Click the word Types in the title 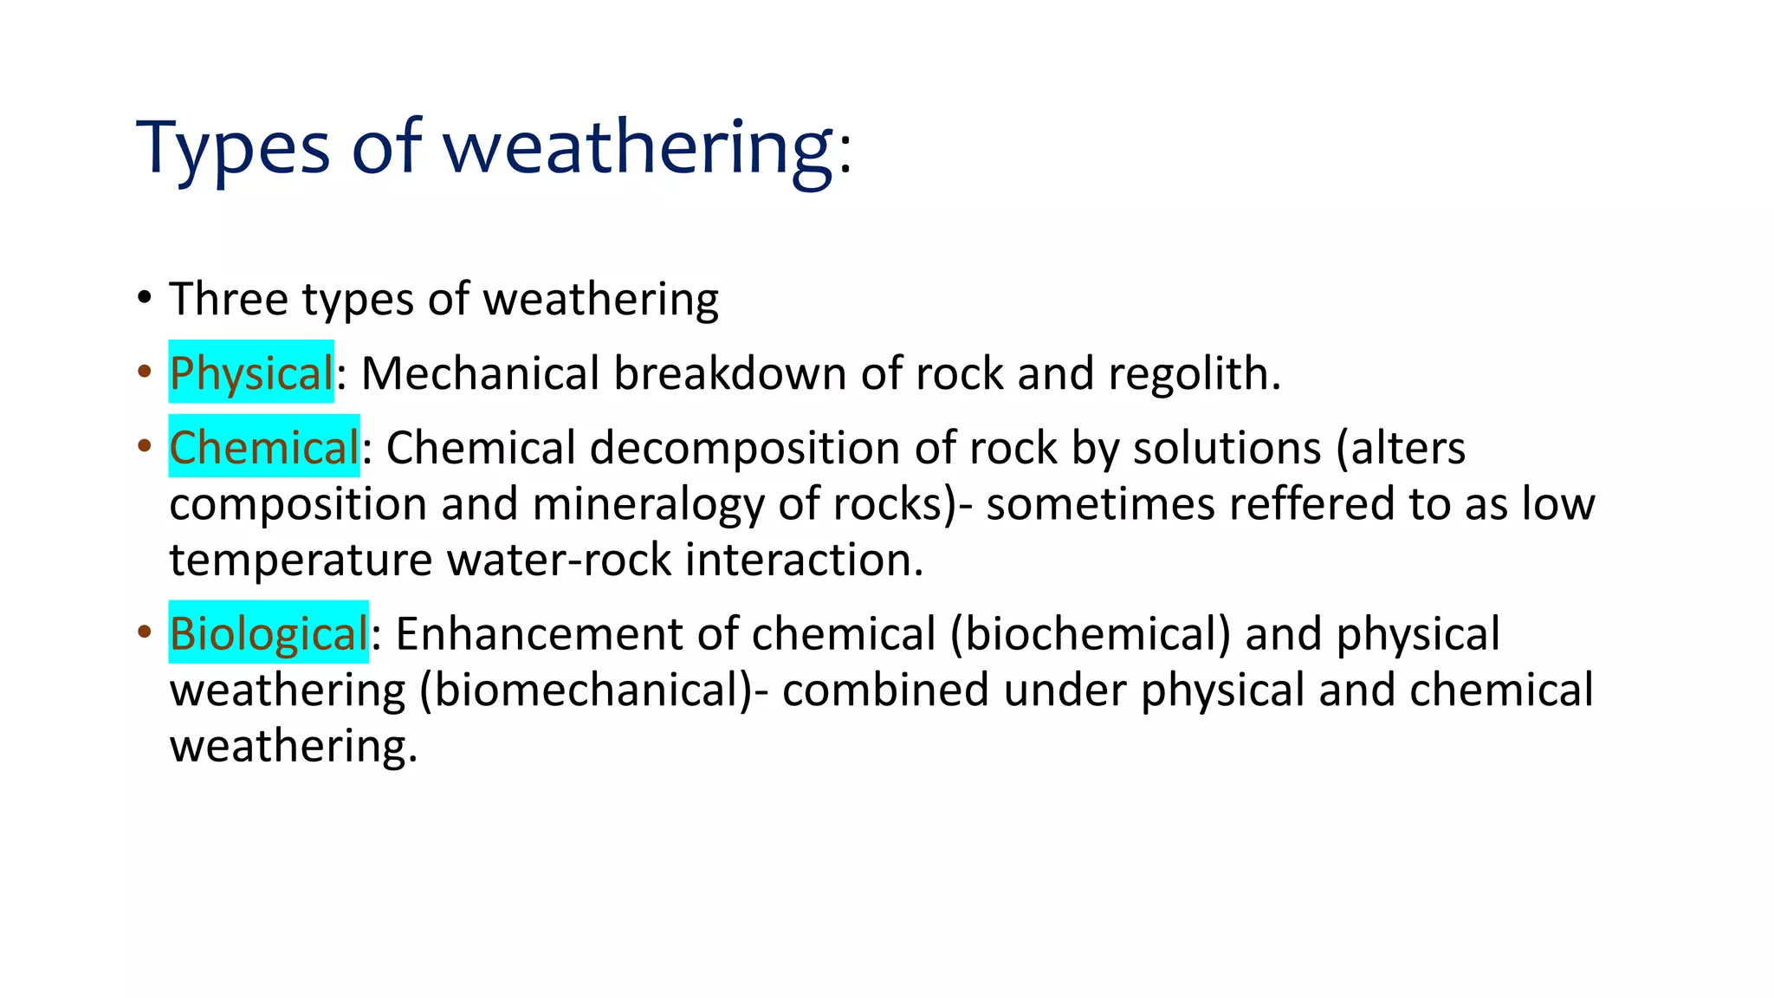(233, 148)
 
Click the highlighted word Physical (251, 373)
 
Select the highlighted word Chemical (263, 448)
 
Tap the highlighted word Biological (269, 633)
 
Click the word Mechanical (480, 373)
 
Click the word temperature (301, 561)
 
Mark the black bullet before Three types (145, 298)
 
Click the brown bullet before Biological (145, 632)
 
